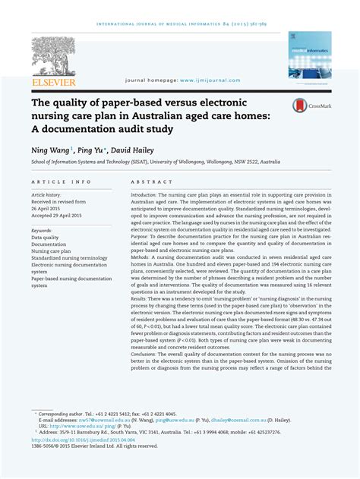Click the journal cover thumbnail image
(x=309, y=55)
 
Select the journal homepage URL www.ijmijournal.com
(x=210, y=80)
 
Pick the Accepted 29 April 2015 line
(x=58, y=214)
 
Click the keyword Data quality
(x=45, y=237)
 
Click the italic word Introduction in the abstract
(x=144, y=195)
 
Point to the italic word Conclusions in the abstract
(x=144, y=353)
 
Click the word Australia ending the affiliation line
(x=267, y=162)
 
